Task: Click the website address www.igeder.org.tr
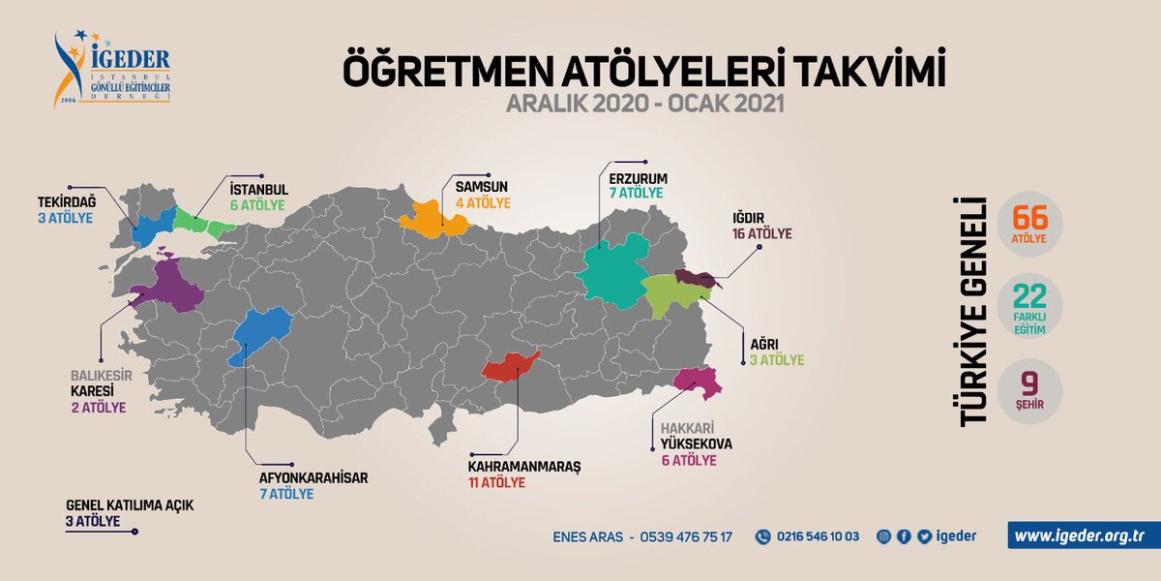coord(1083,535)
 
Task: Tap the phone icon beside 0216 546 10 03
coord(762,536)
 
